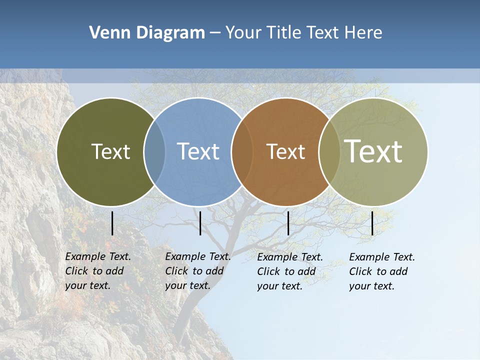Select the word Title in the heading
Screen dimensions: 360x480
pos(283,33)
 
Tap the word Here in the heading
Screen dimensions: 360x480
pos(363,33)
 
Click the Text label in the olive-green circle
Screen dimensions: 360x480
pos(110,151)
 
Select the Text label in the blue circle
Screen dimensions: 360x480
pos(198,151)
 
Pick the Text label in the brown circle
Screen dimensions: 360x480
pos(285,151)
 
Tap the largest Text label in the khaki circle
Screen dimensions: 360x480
pos(373,151)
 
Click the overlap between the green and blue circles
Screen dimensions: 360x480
pos(154,152)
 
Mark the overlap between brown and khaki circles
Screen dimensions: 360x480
pos(329,152)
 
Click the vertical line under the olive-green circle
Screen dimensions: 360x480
pos(112,223)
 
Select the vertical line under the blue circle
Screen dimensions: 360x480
pos(200,223)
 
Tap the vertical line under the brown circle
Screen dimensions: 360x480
pos(288,223)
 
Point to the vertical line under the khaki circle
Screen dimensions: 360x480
pos(372,223)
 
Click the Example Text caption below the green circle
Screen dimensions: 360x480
pos(97,271)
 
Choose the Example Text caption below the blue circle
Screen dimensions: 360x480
pos(197,271)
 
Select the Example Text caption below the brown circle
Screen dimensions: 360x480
pos(289,271)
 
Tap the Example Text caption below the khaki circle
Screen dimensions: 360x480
pos(381,271)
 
